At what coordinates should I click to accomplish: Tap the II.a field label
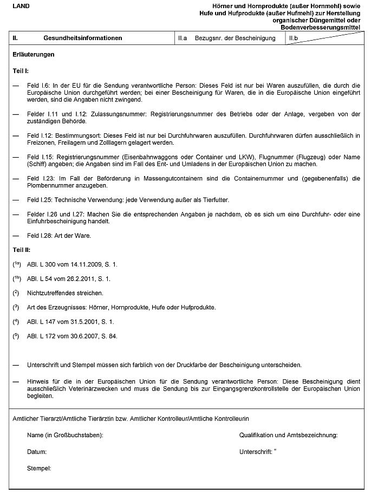coord(183,38)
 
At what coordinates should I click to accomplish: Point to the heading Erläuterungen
coord(33,55)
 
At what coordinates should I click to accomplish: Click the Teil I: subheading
coord(21,71)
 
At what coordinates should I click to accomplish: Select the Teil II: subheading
coord(22,250)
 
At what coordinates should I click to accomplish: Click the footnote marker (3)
coord(16,307)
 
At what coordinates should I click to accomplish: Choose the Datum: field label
coord(37,451)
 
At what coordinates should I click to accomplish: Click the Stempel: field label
coord(39,468)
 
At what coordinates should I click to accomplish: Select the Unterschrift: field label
coord(256,451)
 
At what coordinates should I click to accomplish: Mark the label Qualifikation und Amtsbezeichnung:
coord(289,435)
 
